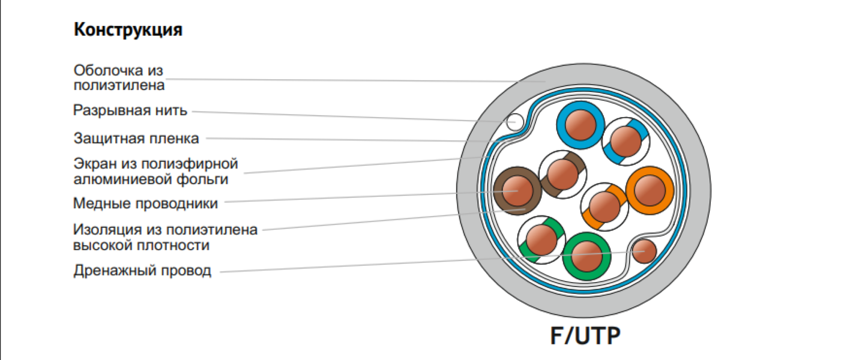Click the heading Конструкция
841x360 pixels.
pos(128,29)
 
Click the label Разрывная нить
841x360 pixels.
pos(130,111)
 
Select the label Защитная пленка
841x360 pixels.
pos(136,139)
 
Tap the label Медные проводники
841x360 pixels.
pos(145,203)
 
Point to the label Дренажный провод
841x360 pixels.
pos(142,271)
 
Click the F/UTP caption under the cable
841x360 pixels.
pos(585,336)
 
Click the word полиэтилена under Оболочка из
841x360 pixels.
pos(119,85)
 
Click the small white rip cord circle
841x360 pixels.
pos(514,122)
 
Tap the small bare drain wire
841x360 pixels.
pos(644,250)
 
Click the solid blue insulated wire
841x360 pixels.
pos(580,125)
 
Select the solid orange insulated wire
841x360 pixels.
pos(650,191)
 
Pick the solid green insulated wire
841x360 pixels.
pos(586,256)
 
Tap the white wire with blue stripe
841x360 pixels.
pos(625,141)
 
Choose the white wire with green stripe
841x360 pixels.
pos(541,239)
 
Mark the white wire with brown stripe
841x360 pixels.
pos(562,174)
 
